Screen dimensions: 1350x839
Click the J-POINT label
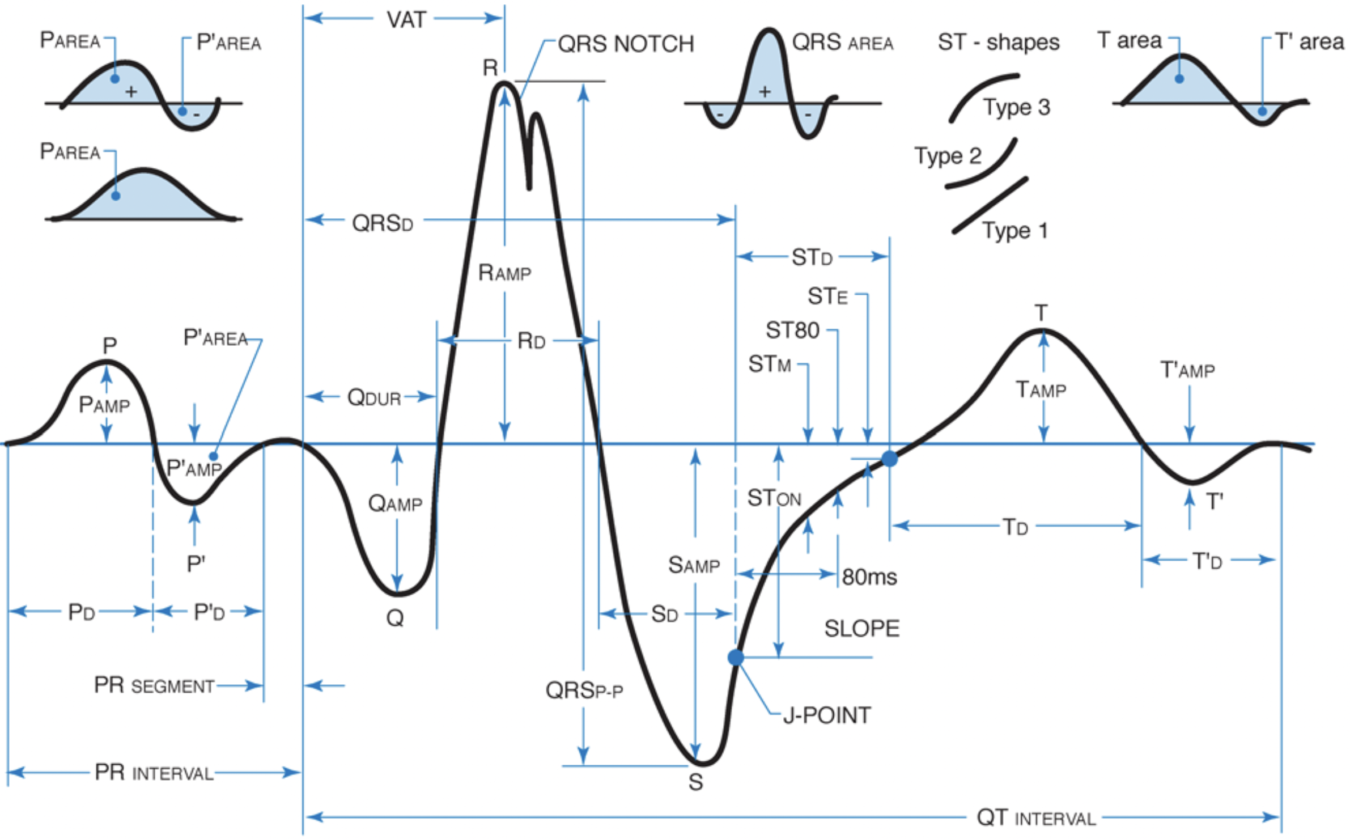tap(826, 715)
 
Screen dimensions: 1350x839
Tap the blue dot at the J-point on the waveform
tap(736, 657)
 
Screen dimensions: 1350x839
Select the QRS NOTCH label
tap(626, 44)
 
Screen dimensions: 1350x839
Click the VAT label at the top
tap(406, 20)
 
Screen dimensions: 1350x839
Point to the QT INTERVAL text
tap(1035, 817)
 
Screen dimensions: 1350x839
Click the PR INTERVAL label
tap(154, 773)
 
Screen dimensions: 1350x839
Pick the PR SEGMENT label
tap(154, 685)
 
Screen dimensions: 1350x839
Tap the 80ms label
tap(869, 577)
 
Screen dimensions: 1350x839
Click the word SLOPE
tap(861, 629)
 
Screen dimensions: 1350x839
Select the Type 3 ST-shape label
tap(1016, 107)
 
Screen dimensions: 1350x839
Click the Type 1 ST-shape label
tap(1015, 231)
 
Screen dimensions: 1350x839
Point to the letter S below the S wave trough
tap(696, 782)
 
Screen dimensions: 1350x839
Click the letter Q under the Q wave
tap(395, 618)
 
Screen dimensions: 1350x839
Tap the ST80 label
tap(792, 330)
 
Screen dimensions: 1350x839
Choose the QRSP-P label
tap(584, 691)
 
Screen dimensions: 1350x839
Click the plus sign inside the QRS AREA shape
tap(765, 91)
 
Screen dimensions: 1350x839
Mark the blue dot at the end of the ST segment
tap(889, 459)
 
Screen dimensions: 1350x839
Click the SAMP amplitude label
tap(694, 565)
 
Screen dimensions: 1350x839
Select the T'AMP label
tap(1187, 370)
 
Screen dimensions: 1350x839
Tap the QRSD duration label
tap(383, 223)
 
